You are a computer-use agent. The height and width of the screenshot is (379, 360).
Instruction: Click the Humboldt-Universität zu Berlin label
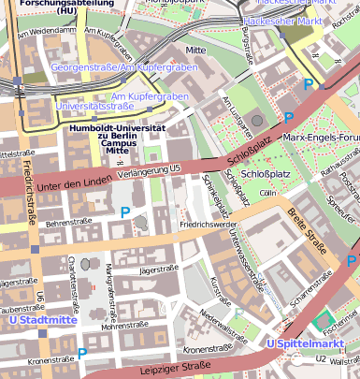pos(118,138)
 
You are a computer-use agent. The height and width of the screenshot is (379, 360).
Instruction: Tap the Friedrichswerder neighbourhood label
pos(208,226)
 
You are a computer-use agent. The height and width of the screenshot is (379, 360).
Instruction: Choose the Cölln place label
pos(268,193)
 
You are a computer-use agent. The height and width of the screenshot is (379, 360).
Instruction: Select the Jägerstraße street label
pos(157,270)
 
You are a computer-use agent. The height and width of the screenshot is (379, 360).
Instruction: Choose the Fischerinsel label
pos(341,327)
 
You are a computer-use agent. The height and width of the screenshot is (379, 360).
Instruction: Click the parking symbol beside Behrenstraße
pos(125,212)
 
